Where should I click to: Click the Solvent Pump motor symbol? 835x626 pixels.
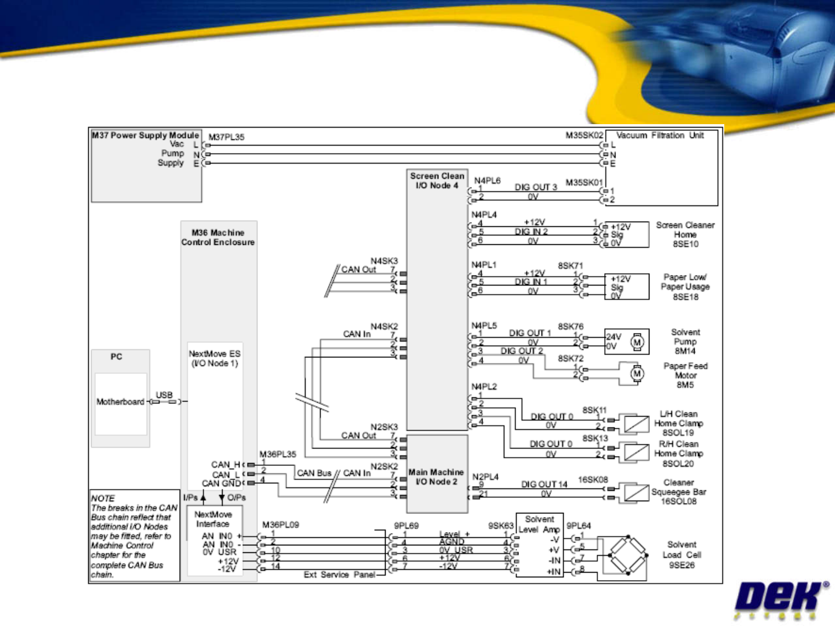pos(637,342)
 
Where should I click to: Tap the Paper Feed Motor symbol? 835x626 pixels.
pos(637,373)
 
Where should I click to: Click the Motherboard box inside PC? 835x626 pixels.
pos(121,402)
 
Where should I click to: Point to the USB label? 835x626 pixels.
pos(164,395)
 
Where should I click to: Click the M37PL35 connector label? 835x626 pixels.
pos(226,137)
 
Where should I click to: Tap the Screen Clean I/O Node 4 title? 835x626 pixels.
pos(437,180)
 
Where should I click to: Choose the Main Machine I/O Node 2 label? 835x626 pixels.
pos(436,477)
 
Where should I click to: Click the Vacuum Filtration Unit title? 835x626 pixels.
pos(659,135)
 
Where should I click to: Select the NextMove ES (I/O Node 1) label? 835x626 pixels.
pos(215,358)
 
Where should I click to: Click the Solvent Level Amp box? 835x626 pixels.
pos(539,545)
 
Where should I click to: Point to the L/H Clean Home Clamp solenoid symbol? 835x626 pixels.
pos(636,424)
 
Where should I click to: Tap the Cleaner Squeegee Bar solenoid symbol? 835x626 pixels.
pos(636,493)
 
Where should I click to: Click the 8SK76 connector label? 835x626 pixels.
pos(571,327)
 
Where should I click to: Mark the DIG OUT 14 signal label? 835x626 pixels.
pos(543,484)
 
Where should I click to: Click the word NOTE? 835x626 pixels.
pos(103,498)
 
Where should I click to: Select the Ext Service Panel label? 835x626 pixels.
pos(339,574)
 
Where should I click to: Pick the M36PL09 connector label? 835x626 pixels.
pos(281,524)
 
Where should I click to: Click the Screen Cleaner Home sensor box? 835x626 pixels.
pos(626,234)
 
